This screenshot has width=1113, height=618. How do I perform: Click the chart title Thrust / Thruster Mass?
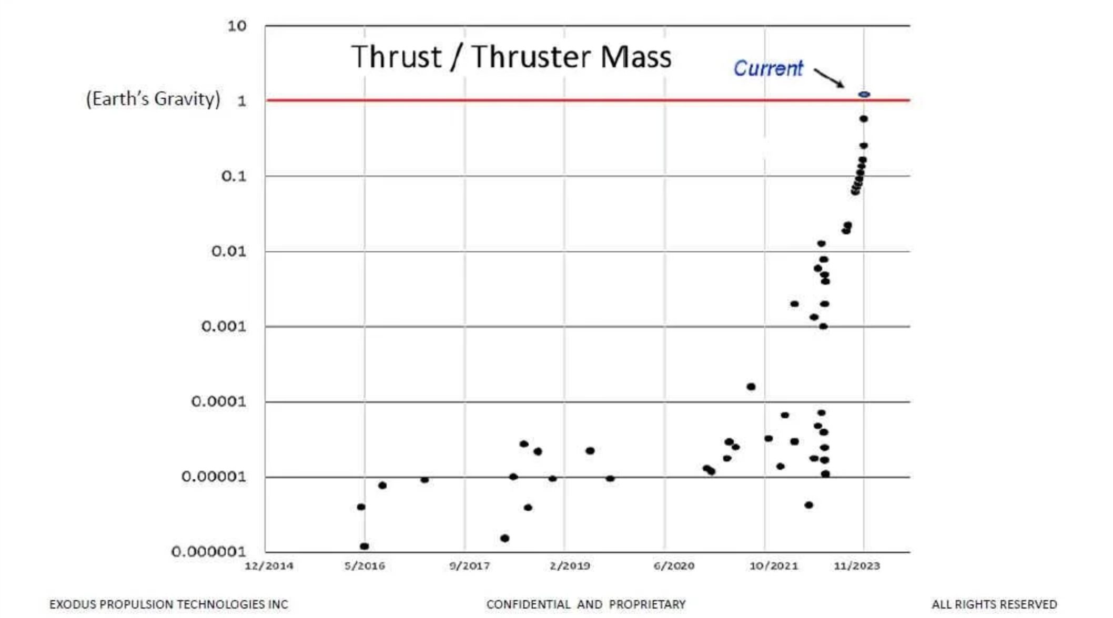[511, 57]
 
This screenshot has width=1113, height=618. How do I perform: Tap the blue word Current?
[768, 68]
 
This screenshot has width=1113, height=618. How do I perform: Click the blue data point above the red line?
[864, 95]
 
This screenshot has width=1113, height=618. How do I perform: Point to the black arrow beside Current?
[829, 78]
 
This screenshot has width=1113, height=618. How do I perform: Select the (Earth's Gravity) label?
[153, 99]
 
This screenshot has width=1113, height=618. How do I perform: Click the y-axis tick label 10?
[237, 26]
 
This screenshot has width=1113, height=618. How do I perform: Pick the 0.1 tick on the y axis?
[234, 176]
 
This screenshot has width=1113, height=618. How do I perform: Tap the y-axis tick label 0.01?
[228, 251]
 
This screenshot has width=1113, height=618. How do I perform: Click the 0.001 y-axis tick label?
[224, 326]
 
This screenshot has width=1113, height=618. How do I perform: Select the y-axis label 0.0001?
[218, 401]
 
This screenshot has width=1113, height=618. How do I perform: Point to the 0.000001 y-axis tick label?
[208, 551]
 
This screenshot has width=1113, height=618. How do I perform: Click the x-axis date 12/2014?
[269, 566]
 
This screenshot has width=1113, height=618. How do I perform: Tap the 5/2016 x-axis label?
[365, 566]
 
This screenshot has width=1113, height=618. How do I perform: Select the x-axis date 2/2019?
[570, 566]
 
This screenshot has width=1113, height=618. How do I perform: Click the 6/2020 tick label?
[674, 566]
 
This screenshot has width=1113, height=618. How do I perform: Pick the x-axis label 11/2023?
[856, 566]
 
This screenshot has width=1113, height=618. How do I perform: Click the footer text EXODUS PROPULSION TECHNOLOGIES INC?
[168, 604]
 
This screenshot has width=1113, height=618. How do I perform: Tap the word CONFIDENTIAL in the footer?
[528, 604]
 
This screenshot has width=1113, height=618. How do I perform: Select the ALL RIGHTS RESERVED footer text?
[994, 604]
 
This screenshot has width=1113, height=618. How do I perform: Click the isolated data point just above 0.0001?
[751, 387]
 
